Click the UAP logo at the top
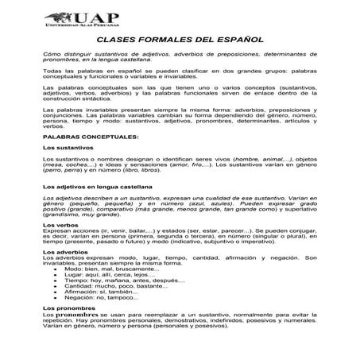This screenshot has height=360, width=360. tap(180, 17)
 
